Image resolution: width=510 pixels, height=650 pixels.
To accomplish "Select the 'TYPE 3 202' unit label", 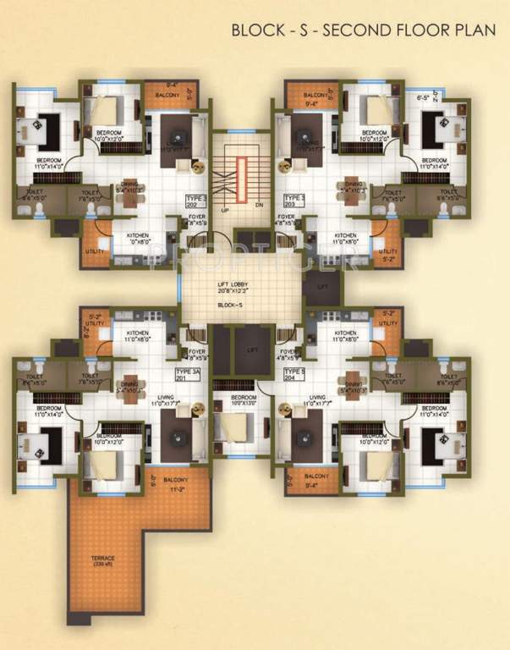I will pos(196,201).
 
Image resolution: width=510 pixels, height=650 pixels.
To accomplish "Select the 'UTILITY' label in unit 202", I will pos(93,252).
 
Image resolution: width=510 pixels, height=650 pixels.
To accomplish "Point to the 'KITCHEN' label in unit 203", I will pos(345,236).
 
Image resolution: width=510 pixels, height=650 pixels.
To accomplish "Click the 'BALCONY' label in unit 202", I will pos(167,96).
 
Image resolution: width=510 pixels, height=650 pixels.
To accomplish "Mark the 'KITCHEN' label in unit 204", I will pos(345,334).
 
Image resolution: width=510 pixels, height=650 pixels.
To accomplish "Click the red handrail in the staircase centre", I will pos(243,180).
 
